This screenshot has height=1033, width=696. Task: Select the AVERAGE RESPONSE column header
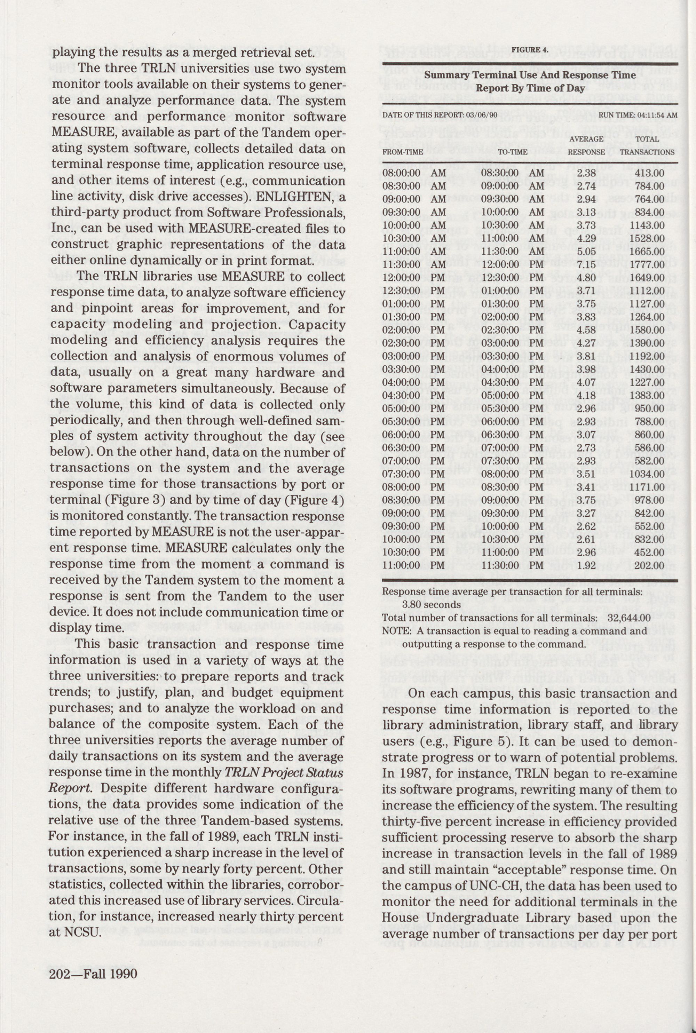(x=586, y=145)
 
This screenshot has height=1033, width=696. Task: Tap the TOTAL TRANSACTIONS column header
(x=647, y=145)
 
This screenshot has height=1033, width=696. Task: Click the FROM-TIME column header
(x=403, y=152)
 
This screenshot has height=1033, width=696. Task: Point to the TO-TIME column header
(x=513, y=152)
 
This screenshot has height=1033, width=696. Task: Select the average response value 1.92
(x=586, y=566)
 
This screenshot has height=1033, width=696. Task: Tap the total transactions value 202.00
(x=651, y=566)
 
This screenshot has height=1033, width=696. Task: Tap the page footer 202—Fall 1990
(x=93, y=986)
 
